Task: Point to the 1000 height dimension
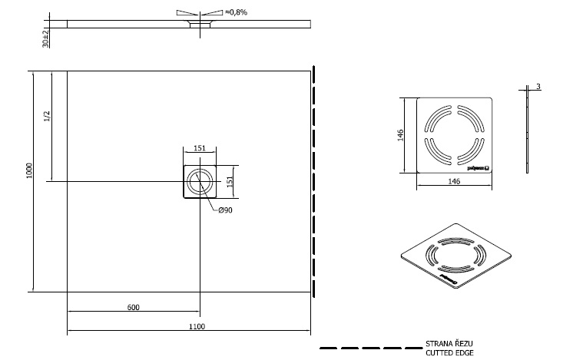tap(28, 170)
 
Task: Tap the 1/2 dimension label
tap(47, 117)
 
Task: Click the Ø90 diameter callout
tap(225, 210)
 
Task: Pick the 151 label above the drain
tap(198, 149)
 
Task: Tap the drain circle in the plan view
tap(199, 181)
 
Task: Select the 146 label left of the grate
tap(400, 135)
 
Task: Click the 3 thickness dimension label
tap(539, 87)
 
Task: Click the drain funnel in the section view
tap(199, 25)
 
